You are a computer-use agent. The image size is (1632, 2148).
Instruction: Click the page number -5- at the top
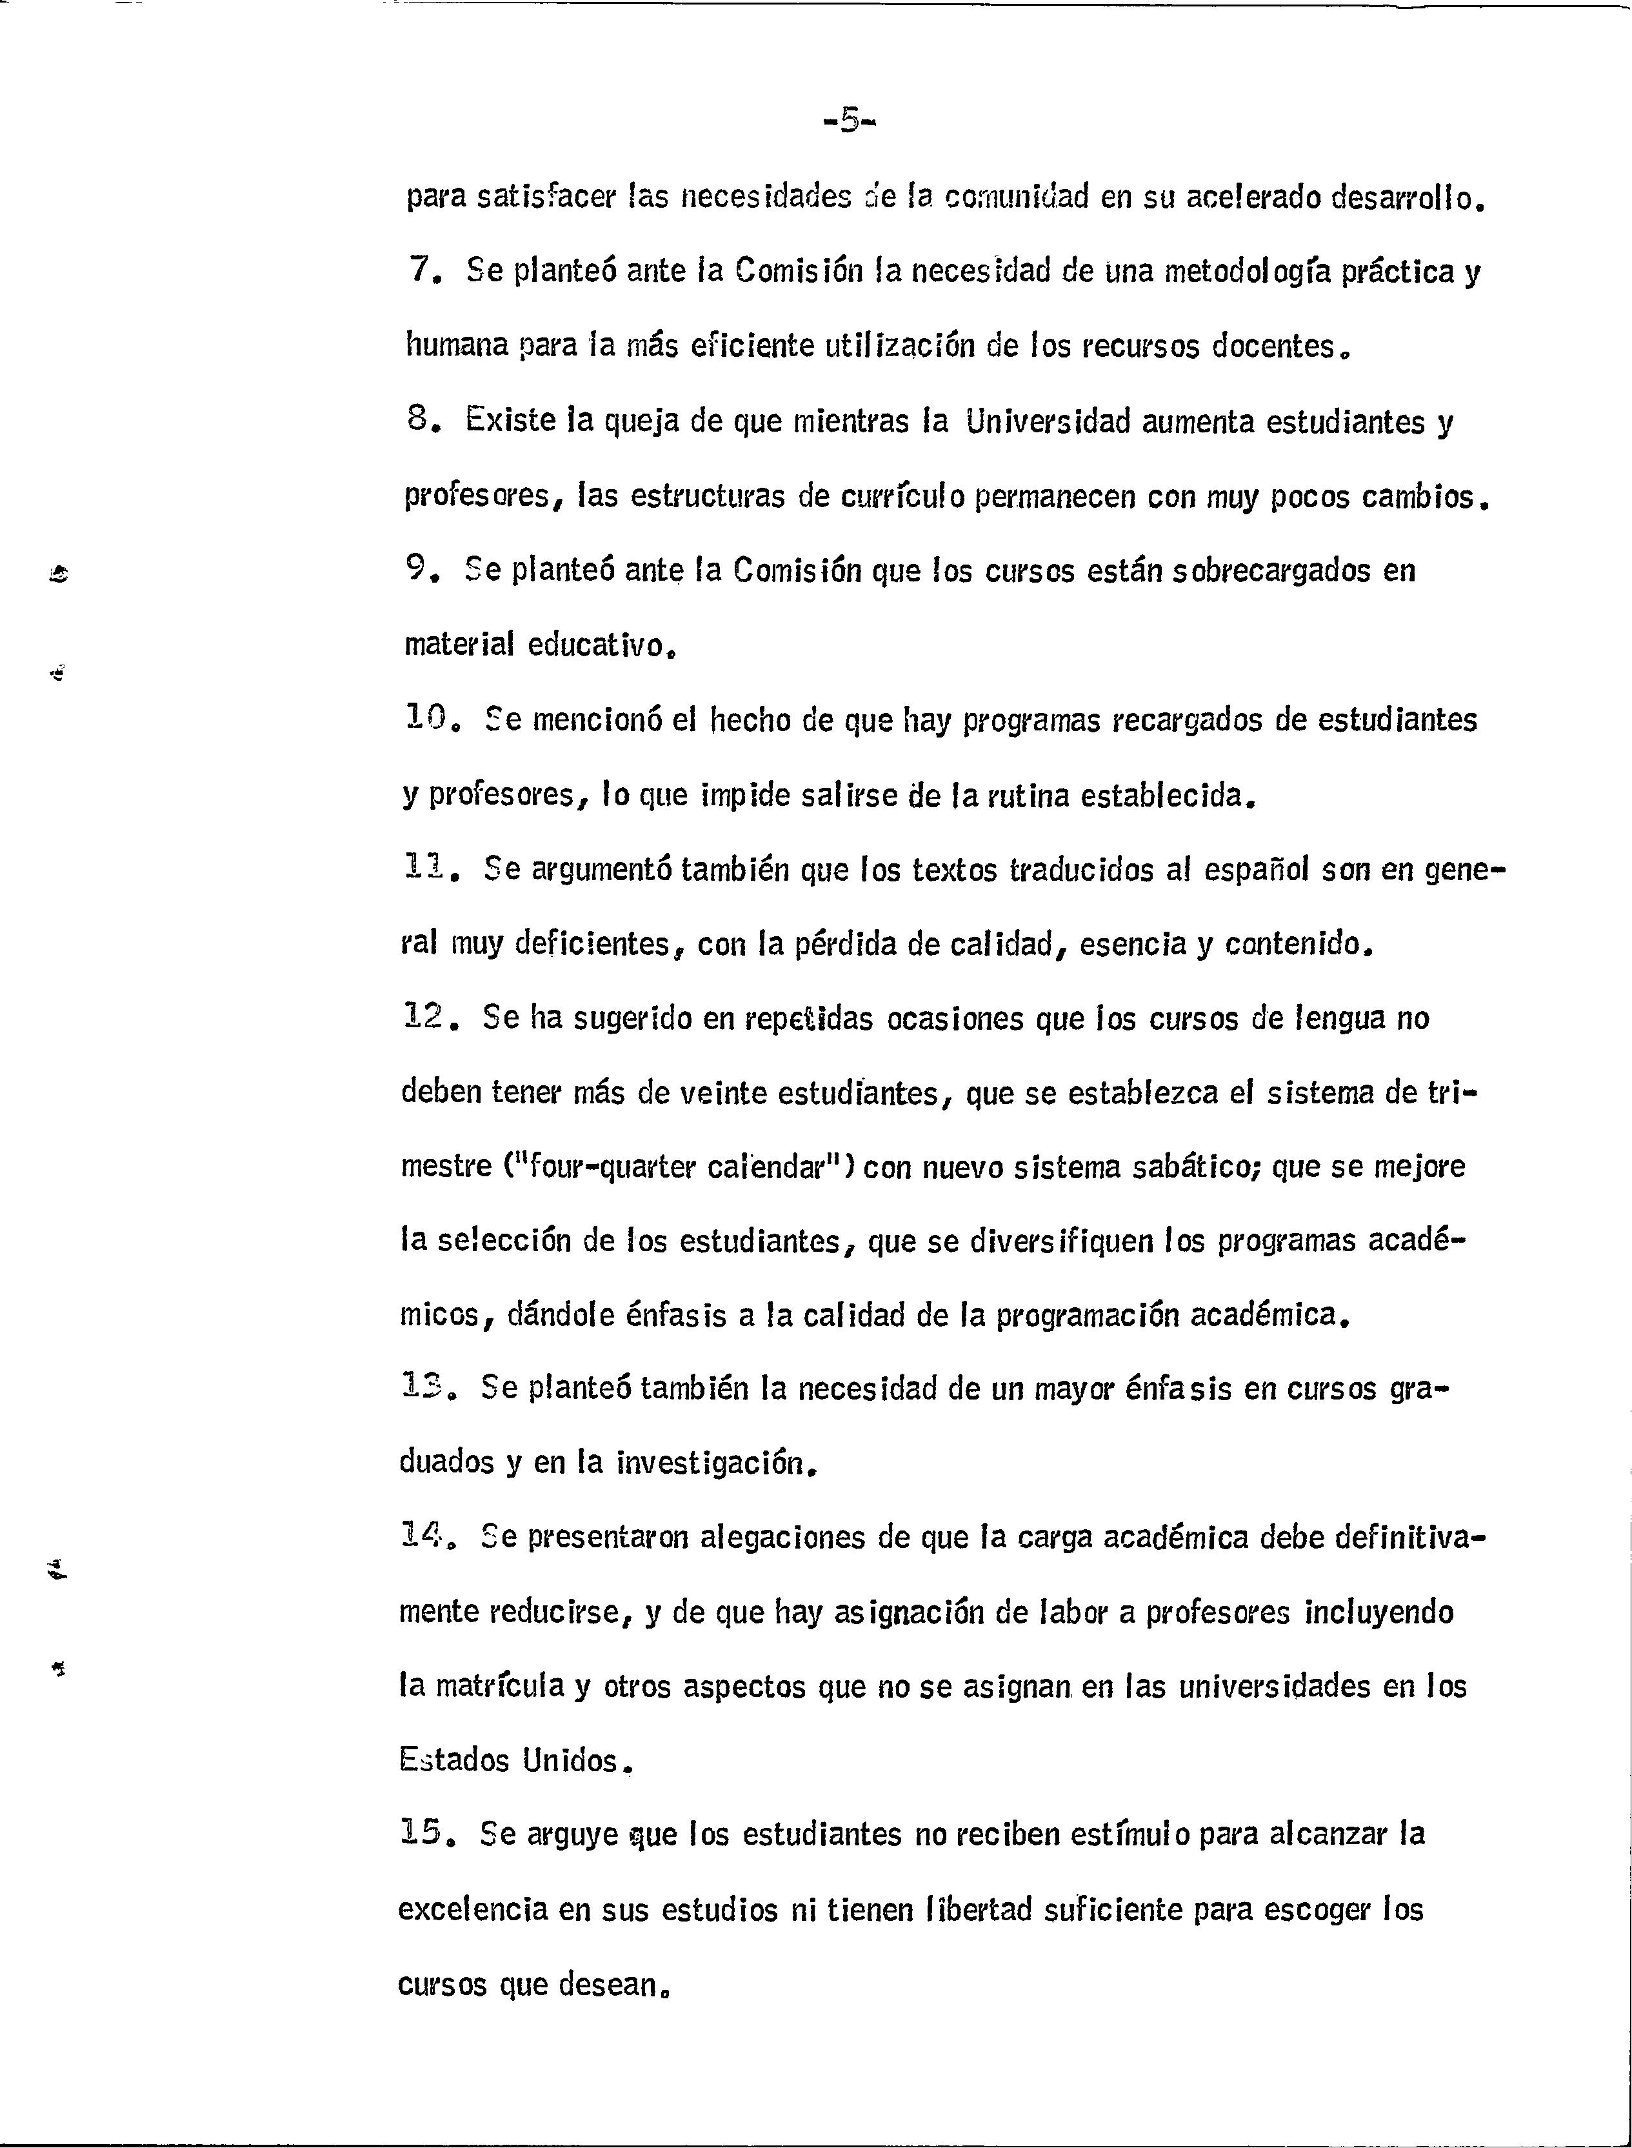click(x=848, y=121)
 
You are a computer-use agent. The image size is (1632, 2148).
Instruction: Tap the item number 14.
click(x=424, y=1538)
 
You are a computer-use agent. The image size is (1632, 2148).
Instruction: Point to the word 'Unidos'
click(x=569, y=1760)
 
